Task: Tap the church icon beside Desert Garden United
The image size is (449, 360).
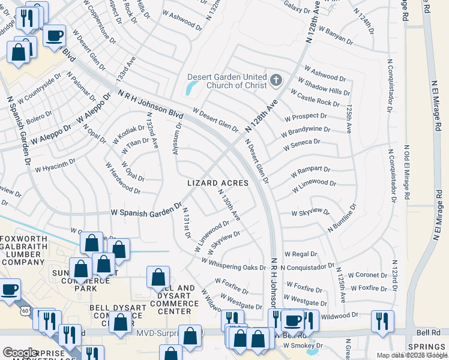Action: coord(276,80)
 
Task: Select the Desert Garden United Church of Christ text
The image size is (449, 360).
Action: coord(227,81)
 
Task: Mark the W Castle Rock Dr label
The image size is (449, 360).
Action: coord(315,99)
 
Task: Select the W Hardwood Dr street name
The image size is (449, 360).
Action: coord(122,181)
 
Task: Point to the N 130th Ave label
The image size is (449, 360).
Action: coord(229,204)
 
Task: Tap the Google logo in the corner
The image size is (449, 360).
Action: coord(20,353)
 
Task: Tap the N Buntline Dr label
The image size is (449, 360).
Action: coord(342,218)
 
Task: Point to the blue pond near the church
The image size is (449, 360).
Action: coord(191,89)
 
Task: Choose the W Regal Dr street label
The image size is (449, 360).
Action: coord(300,254)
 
